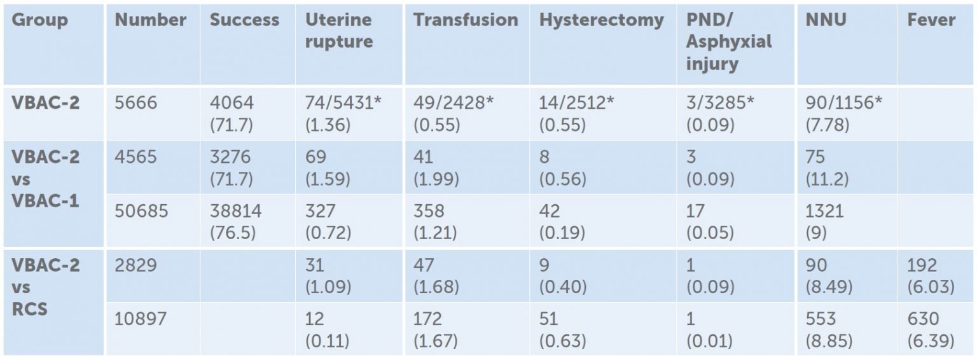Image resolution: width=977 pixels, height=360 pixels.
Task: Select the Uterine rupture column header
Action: tap(338, 31)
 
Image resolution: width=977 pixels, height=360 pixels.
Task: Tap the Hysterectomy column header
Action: tap(601, 20)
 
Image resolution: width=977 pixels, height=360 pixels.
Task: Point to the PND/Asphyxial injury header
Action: tap(728, 41)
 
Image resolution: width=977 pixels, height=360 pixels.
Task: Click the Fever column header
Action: tap(931, 20)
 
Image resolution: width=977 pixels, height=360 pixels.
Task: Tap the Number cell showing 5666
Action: tap(135, 103)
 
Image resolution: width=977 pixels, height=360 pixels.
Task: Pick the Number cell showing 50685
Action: tap(141, 211)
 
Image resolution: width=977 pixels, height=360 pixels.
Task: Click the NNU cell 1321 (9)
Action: tap(824, 221)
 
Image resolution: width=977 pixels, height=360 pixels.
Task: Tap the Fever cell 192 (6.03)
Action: tap(931, 275)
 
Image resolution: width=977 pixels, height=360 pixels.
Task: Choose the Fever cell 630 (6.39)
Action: tap(931, 329)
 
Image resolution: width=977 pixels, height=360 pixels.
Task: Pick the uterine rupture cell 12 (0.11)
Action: tap(328, 329)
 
